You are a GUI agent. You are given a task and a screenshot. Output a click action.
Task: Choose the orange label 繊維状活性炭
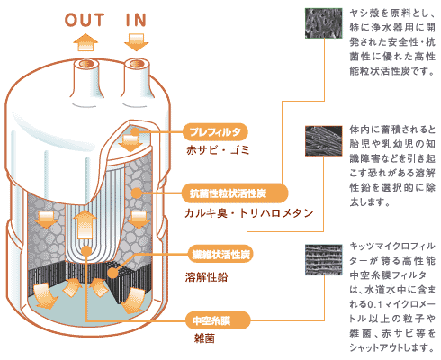219,255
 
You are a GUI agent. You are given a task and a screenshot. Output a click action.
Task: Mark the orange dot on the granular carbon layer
137,193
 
